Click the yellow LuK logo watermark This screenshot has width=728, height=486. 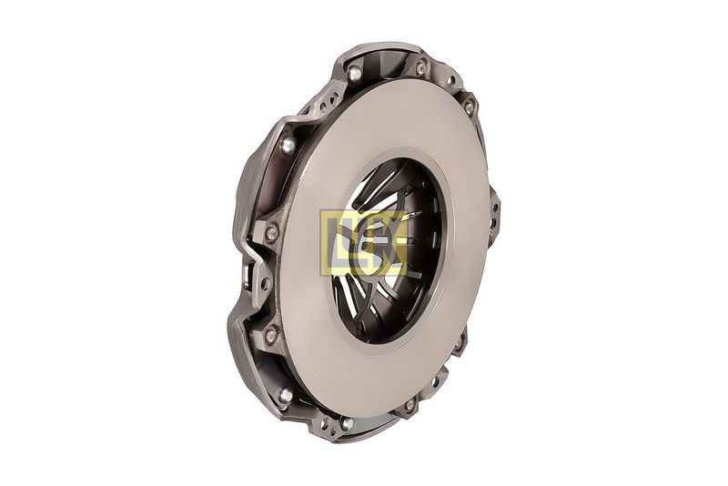point(363,243)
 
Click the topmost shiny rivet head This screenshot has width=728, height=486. point(355,73)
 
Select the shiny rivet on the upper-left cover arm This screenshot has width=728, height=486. point(288,146)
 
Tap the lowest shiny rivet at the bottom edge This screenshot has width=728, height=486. point(347,423)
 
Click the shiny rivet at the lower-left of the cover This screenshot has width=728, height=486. point(286,396)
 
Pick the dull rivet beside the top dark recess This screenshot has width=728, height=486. point(420,68)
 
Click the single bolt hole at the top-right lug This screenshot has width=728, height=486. point(450,80)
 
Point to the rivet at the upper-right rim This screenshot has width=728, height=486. point(469,108)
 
